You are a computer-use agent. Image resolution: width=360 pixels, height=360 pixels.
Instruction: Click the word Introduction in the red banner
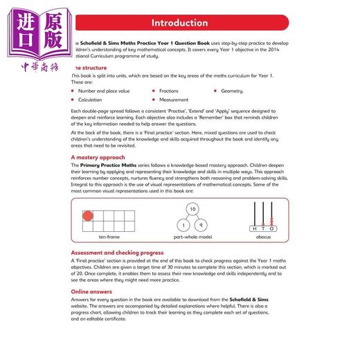[179, 23]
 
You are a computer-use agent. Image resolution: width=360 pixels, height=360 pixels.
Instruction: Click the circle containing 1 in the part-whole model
[183, 225]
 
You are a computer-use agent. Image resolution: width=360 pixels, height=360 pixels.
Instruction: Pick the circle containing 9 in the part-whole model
[204, 225]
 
